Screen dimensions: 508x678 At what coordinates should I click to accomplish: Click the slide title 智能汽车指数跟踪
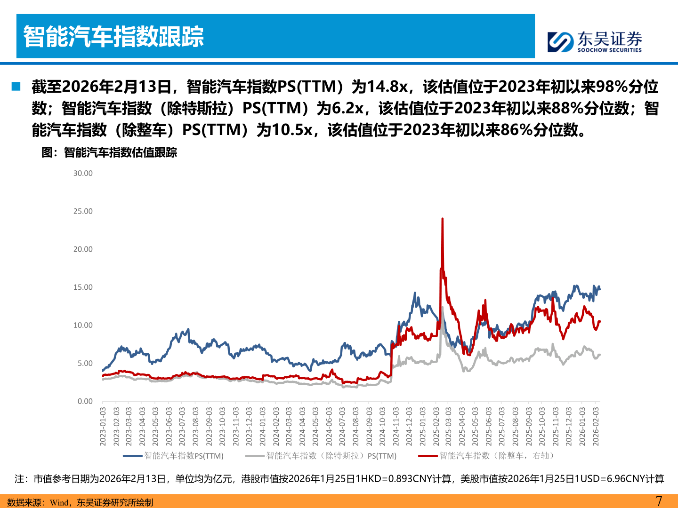[113, 37]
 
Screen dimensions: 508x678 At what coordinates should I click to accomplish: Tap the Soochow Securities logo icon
[560, 42]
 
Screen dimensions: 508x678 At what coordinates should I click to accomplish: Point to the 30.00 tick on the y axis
[83, 173]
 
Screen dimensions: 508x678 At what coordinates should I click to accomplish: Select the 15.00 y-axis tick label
[83, 287]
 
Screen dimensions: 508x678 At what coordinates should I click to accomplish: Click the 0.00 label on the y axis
[85, 401]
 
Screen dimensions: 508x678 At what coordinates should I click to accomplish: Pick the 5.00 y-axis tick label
[85, 363]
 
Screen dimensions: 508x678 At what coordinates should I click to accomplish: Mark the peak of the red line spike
[443, 219]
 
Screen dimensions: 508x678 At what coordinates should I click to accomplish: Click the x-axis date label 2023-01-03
[103, 427]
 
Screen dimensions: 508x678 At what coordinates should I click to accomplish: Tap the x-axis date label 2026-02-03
[596, 427]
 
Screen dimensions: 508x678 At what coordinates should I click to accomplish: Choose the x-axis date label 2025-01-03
[422, 427]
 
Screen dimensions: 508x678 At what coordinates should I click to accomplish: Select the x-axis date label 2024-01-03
[263, 427]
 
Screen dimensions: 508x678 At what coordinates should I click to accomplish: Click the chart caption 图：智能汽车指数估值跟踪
[109, 152]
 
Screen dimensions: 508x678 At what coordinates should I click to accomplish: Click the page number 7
[659, 501]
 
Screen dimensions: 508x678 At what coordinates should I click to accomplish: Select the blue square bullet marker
[16, 87]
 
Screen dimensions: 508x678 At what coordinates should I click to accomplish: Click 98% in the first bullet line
[612, 87]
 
